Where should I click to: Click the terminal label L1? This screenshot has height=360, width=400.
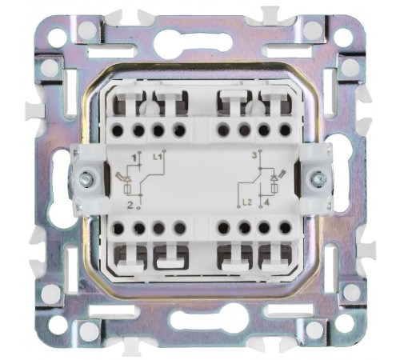tap(158, 157)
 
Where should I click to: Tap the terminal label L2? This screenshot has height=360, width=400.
tap(247, 202)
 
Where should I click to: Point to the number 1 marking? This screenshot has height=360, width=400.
tap(136, 158)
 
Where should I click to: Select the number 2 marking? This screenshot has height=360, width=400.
tap(130, 205)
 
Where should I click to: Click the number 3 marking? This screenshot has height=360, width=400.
tap(254, 155)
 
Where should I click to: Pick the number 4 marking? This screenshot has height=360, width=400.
tap(266, 202)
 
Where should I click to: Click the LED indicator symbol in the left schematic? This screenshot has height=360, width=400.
tap(125, 182)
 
